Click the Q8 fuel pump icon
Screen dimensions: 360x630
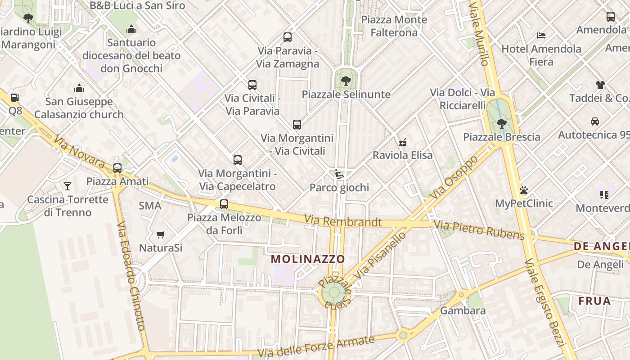[x=15, y=98]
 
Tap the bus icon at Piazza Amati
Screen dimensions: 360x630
[x=117, y=168]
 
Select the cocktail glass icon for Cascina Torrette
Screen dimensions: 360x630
[x=67, y=186]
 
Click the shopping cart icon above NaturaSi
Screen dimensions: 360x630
[x=160, y=234]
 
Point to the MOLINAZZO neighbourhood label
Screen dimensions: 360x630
[x=308, y=259]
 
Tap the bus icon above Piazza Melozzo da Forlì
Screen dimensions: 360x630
[x=224, y=204]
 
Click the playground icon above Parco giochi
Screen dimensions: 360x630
[x=339, y=174]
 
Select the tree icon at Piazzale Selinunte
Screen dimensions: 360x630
[x=346, y=81]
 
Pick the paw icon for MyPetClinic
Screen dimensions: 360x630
[x=523, y=190]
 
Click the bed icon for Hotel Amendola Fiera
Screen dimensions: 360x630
[x=541, y=35]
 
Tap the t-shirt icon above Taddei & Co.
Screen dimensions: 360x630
[x=600, y=85]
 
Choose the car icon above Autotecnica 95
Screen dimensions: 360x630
[x=594, y=121]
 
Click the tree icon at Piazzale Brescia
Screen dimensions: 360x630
[x=501, y=123]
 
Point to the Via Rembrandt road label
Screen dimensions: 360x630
[x=343, y=221]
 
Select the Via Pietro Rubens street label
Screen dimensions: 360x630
[x=479, y=229]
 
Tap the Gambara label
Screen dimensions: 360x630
[x=463, y=310]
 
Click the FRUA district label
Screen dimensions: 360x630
[x=594, y=301]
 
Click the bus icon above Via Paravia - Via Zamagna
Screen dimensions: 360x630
[x=288, y=37]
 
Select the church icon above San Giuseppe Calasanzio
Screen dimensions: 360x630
[x=79, y=88]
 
